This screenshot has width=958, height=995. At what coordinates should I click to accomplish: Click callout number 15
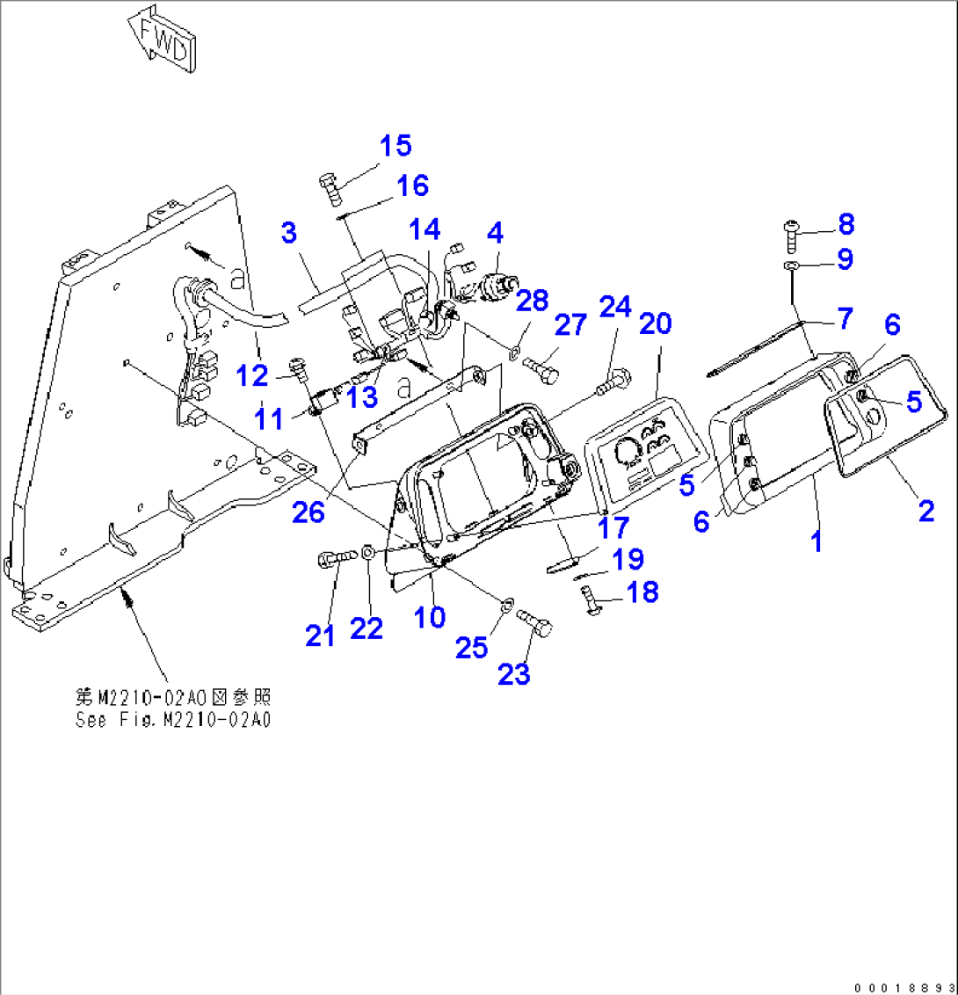(396, 145)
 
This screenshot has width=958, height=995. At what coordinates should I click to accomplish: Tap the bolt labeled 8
(791, 236)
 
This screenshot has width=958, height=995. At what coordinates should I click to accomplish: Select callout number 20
(655, 323)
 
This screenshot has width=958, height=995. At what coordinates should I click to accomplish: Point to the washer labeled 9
(790, 265)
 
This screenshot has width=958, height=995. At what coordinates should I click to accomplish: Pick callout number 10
(430, 616)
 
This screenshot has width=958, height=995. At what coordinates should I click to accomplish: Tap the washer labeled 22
(368, 553)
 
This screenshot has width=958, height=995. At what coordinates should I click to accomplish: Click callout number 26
(308, 512)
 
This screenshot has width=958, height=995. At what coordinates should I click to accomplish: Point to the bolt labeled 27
(541, 369)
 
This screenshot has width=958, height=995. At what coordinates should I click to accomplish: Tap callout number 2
(926, 511)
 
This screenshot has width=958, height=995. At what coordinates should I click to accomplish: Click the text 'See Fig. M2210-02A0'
(173, 720)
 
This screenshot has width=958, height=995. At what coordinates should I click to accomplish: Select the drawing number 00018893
(904, 987)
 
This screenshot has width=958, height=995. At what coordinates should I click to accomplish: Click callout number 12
(252, 375)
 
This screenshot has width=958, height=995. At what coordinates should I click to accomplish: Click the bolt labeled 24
(613, 382)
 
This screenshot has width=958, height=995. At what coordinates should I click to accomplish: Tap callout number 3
(289, 233)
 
